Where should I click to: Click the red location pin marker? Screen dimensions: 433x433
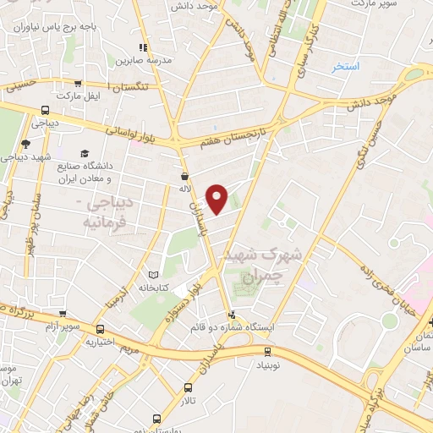pos(217,198)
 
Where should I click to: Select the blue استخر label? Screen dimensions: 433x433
pos(345,66)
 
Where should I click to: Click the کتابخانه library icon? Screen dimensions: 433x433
pos(153,275)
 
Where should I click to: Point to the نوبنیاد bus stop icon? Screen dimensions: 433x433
pos(268,351)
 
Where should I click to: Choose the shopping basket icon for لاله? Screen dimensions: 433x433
pos(184,177)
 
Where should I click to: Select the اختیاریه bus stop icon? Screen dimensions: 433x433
pos(101,329)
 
